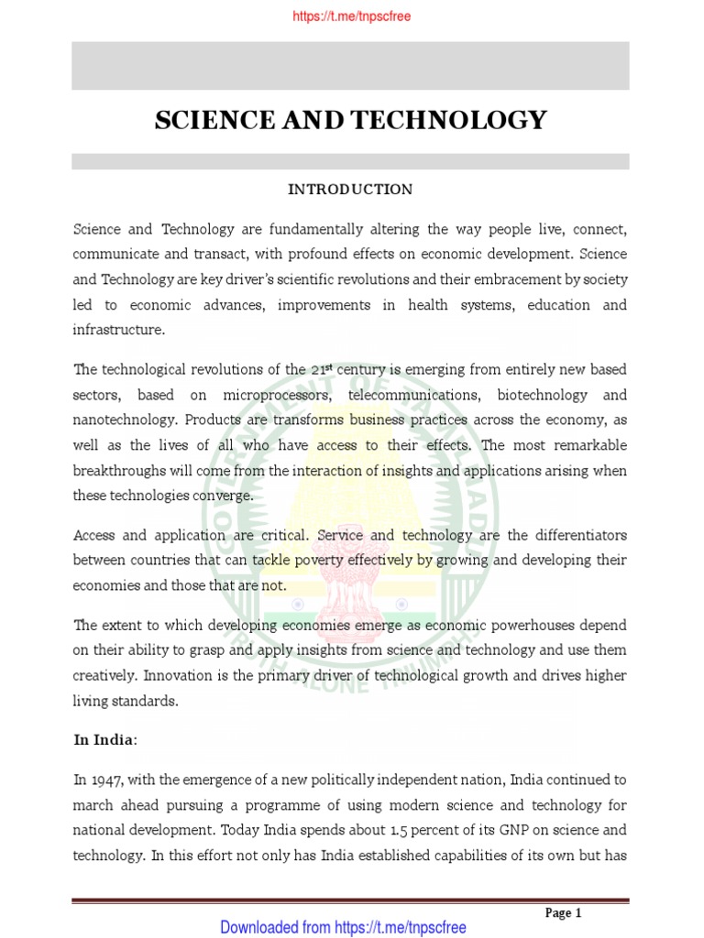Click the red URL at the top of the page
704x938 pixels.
click(351, 16)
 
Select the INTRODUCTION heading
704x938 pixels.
click(350, 190)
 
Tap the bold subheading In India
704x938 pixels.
click(104, 739)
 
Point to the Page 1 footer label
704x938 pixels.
click(564, 912)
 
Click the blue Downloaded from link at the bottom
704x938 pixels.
click(343, 927)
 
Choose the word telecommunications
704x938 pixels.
click(403, 395)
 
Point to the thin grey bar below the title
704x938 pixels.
click(350, 161)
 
